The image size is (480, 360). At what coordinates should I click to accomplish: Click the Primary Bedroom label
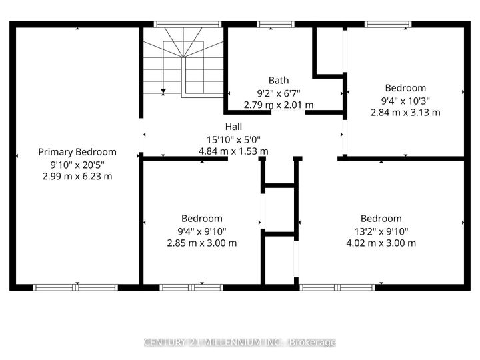click(77, 152)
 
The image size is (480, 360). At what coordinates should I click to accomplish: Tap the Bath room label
click(279, 81)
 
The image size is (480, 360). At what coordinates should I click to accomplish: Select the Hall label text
click(233, 127)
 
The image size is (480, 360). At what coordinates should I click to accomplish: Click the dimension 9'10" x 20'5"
click(77, 164)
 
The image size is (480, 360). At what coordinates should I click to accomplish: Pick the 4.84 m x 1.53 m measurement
click(233, 151)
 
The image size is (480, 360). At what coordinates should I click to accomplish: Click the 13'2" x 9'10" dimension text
click(381, 231)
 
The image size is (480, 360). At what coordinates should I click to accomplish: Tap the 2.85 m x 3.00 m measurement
click(202, 243)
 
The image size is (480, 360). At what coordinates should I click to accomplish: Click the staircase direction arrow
click(163, 91)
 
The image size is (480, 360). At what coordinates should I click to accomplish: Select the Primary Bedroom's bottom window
click(76, 287)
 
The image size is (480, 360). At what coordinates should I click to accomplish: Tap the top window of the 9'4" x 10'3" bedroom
click(388, 25)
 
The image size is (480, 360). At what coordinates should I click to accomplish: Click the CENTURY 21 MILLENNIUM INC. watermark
click(240, 343)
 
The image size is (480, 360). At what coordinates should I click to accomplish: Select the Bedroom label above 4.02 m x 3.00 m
click(381, 219)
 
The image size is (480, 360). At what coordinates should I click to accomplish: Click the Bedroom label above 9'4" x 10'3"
click(405, 88)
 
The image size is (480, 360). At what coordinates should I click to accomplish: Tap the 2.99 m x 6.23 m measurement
click(77, 176)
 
